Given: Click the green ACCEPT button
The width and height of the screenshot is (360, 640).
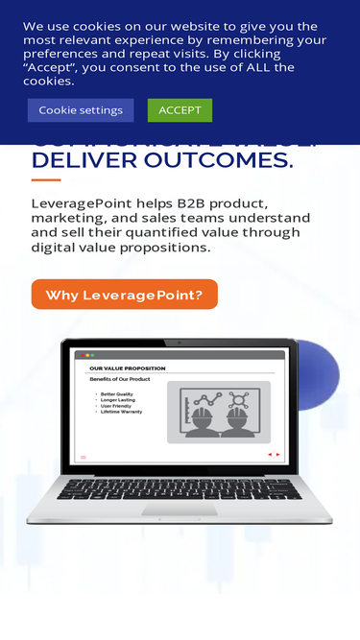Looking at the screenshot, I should pos(180,110).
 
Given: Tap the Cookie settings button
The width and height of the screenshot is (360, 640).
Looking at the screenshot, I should pos(81,110).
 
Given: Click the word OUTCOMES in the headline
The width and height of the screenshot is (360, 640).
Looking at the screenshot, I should pos(230,160).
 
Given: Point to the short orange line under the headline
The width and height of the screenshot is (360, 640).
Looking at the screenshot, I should pos(46,179).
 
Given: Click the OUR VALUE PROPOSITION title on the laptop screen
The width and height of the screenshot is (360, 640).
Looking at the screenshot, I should pos(127,368).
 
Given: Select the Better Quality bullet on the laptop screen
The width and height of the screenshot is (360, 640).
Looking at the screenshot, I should pos(117,394).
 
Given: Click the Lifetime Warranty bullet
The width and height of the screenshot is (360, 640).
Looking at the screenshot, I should pos(121,412).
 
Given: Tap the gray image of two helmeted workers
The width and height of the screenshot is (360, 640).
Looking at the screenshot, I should pos(219,413).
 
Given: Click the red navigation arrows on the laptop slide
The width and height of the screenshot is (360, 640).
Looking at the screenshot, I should pos(274,455).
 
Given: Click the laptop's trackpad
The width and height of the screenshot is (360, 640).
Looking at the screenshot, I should pos(180,510).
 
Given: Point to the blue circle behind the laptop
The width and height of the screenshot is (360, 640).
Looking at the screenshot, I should pos(322,374).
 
